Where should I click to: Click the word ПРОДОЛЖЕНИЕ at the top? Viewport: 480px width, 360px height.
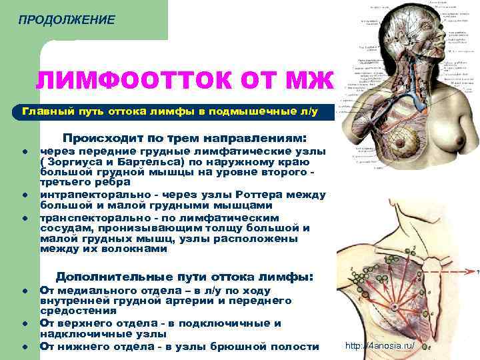(x=67, y=20)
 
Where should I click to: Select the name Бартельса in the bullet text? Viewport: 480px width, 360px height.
(x=147, y=162)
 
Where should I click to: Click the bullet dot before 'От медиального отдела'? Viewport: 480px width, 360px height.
(x=23, y=291)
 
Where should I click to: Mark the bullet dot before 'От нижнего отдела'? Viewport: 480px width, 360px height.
(x=23, y=347)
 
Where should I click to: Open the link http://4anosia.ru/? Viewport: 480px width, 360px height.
(x=379, y=346)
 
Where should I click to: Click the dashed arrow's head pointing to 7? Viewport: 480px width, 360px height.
(x=468, y=271)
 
